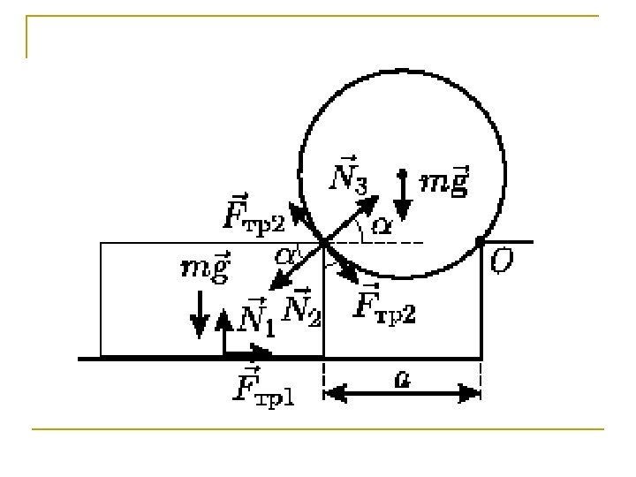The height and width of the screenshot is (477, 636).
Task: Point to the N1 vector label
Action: coord(258,315)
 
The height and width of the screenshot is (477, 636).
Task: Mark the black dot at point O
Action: coord(481,240)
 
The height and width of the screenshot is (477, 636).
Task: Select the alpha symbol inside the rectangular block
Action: coord(284,256)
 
